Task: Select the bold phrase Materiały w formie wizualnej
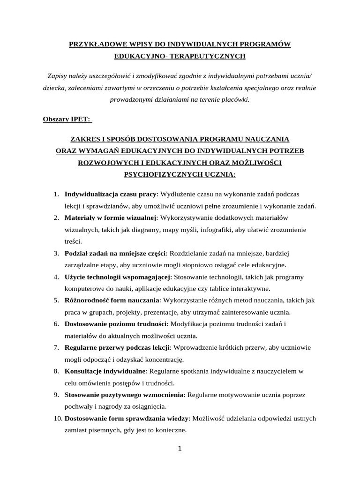pos(110,217)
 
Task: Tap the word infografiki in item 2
pos(209,230)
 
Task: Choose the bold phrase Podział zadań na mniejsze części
pos(115,254)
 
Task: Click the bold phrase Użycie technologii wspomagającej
pos(118,277)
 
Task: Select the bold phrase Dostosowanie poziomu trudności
pos(115,324)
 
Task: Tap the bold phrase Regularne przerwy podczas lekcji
pos(117,348)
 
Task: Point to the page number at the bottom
pos(180,449)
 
